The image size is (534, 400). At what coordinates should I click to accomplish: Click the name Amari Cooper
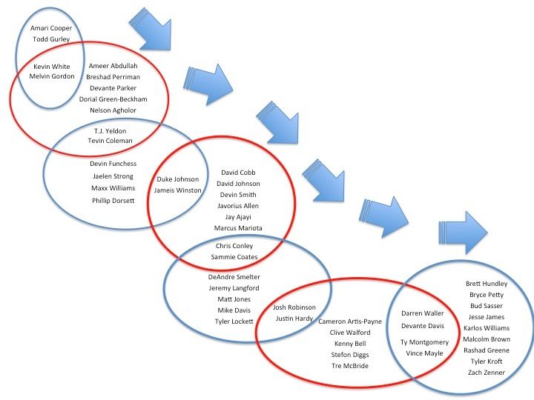tap(51, 28)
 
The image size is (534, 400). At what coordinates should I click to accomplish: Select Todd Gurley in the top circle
tap(51, 40)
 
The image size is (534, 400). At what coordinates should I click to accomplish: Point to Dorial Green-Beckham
tap(113, 99)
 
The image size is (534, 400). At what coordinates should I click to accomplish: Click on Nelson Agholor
tap(113, 110)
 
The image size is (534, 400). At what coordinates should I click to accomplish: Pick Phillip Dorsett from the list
tap(113, 200)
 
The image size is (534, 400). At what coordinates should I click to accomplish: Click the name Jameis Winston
tap(178, 190)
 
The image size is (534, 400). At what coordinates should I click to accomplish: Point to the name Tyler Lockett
tap(234, 321)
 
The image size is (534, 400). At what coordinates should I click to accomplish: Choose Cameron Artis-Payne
tap(350, 322)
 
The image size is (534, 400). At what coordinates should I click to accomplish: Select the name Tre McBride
tap(350, 366)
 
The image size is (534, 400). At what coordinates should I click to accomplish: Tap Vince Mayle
tap(424, 353)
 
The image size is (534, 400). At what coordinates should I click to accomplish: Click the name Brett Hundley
tap(486, 284)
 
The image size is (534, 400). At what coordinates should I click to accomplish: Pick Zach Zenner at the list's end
tap(486, 372)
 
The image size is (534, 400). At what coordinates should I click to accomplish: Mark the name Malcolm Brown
tap(486, 339)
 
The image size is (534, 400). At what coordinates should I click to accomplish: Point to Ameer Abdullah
tap(113, 65)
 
